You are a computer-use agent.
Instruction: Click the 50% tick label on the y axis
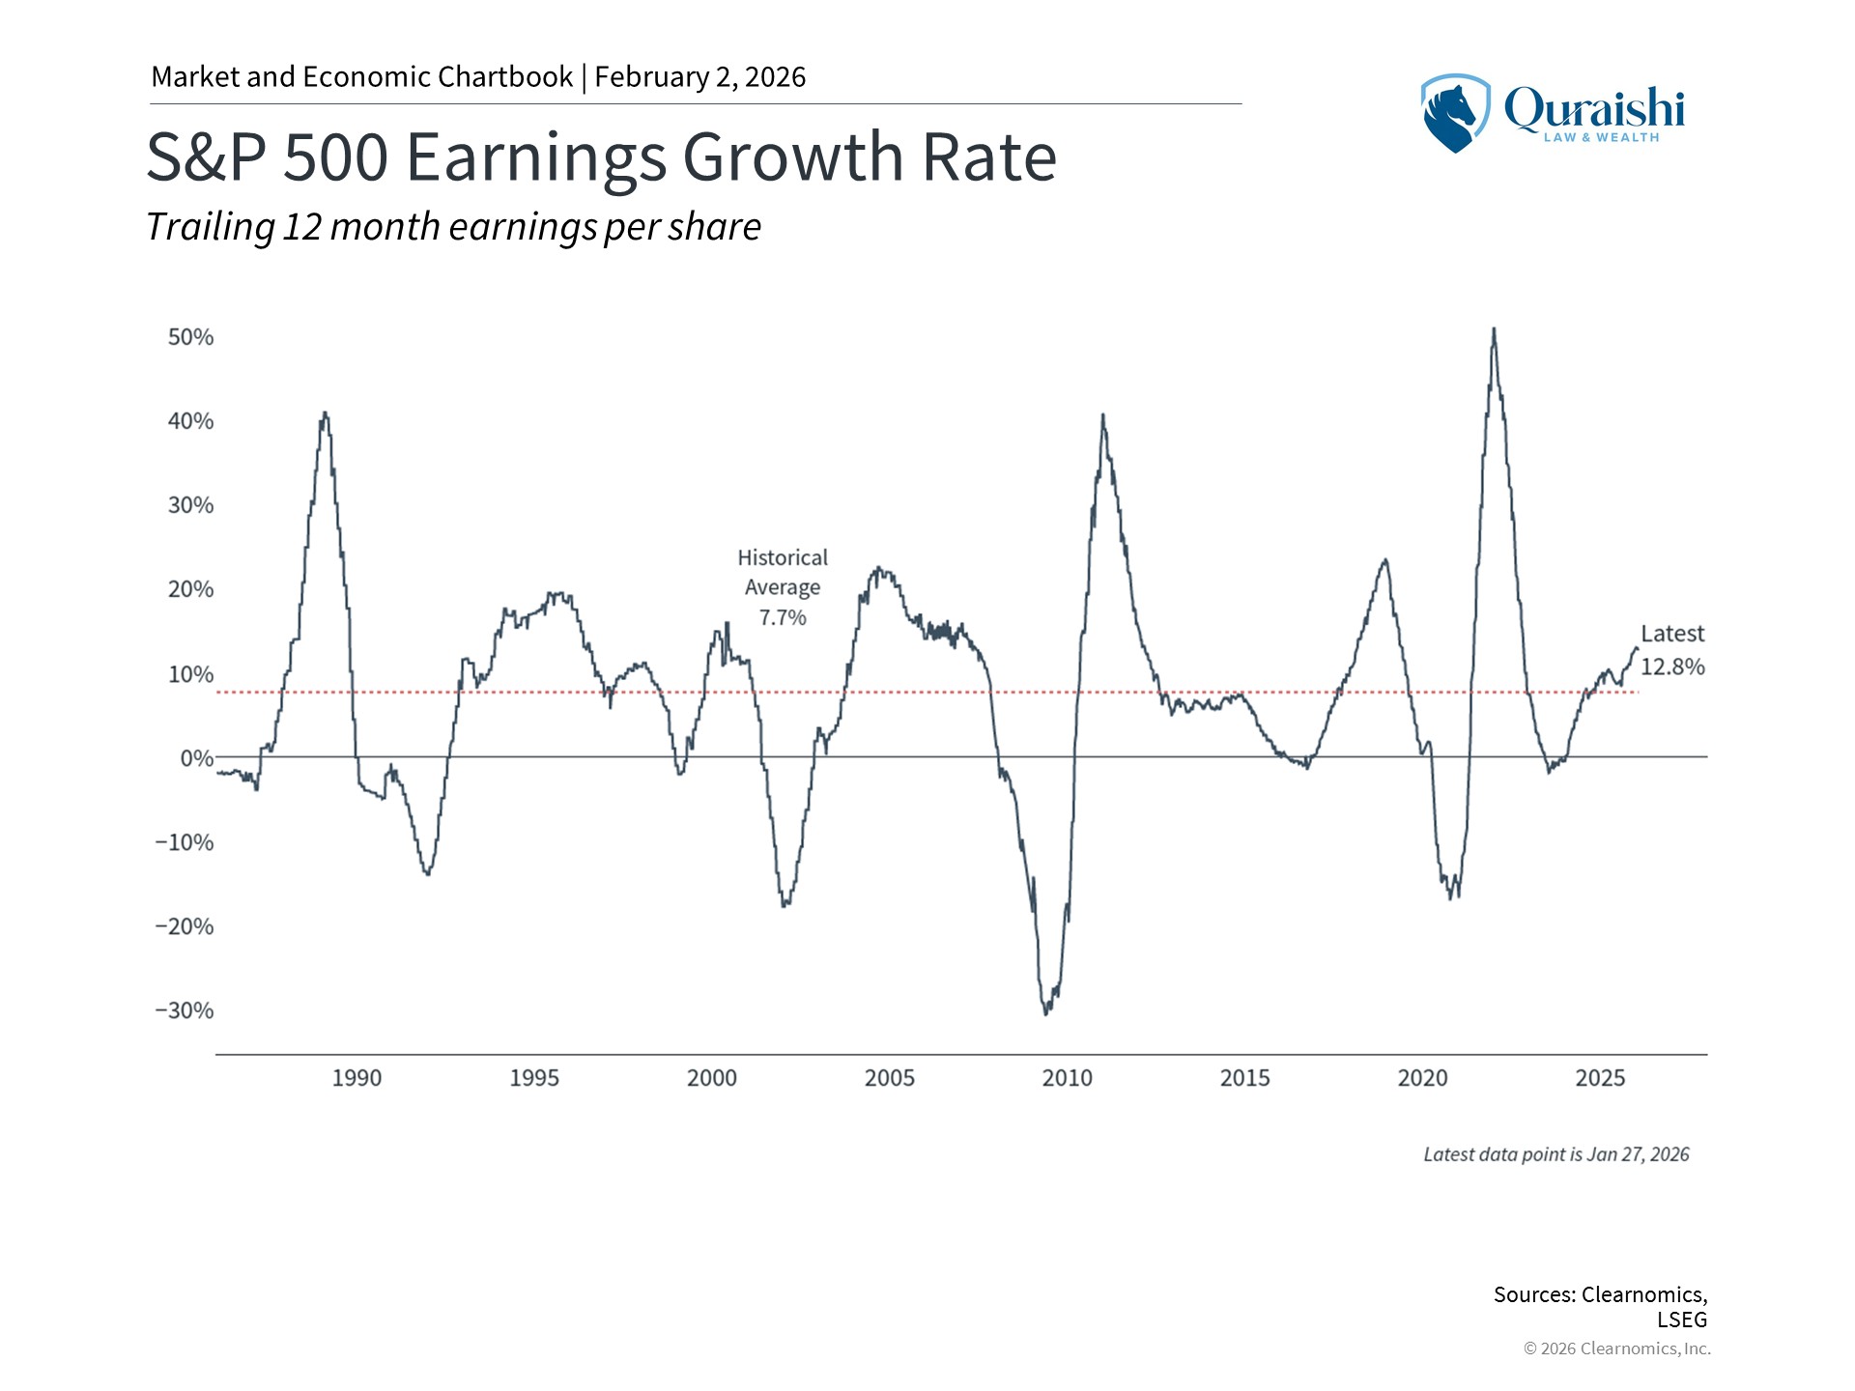pos(190,337)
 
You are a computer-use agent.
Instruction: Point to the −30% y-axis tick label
pos(185,1010)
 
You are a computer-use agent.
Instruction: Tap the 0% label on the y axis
pos(196,758)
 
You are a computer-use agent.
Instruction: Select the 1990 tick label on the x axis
pos(357,1078)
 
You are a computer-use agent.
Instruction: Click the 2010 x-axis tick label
pos(1067,1078)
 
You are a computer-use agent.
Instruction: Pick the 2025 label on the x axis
pos(1600,1078)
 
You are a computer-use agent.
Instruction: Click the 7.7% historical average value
pos(783,617)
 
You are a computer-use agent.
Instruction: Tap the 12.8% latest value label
pos(1672,667)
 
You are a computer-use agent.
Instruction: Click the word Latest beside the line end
pos(1672,634)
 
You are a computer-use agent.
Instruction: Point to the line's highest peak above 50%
pos(1494,329)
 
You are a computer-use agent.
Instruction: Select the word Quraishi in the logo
pos(1594,108)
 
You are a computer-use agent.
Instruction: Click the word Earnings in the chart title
pos(536,156)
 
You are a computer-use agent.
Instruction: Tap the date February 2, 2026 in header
pos(699,77)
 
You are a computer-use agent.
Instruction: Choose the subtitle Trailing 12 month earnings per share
pos(453,227)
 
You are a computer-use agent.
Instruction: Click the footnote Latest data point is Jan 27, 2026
pos(1555,1154)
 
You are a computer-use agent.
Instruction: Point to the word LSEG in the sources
pos(1682,1320)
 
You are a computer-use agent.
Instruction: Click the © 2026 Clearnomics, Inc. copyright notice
pos(1616,1348)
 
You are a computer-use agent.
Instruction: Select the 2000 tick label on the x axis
pos(712,1078)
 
